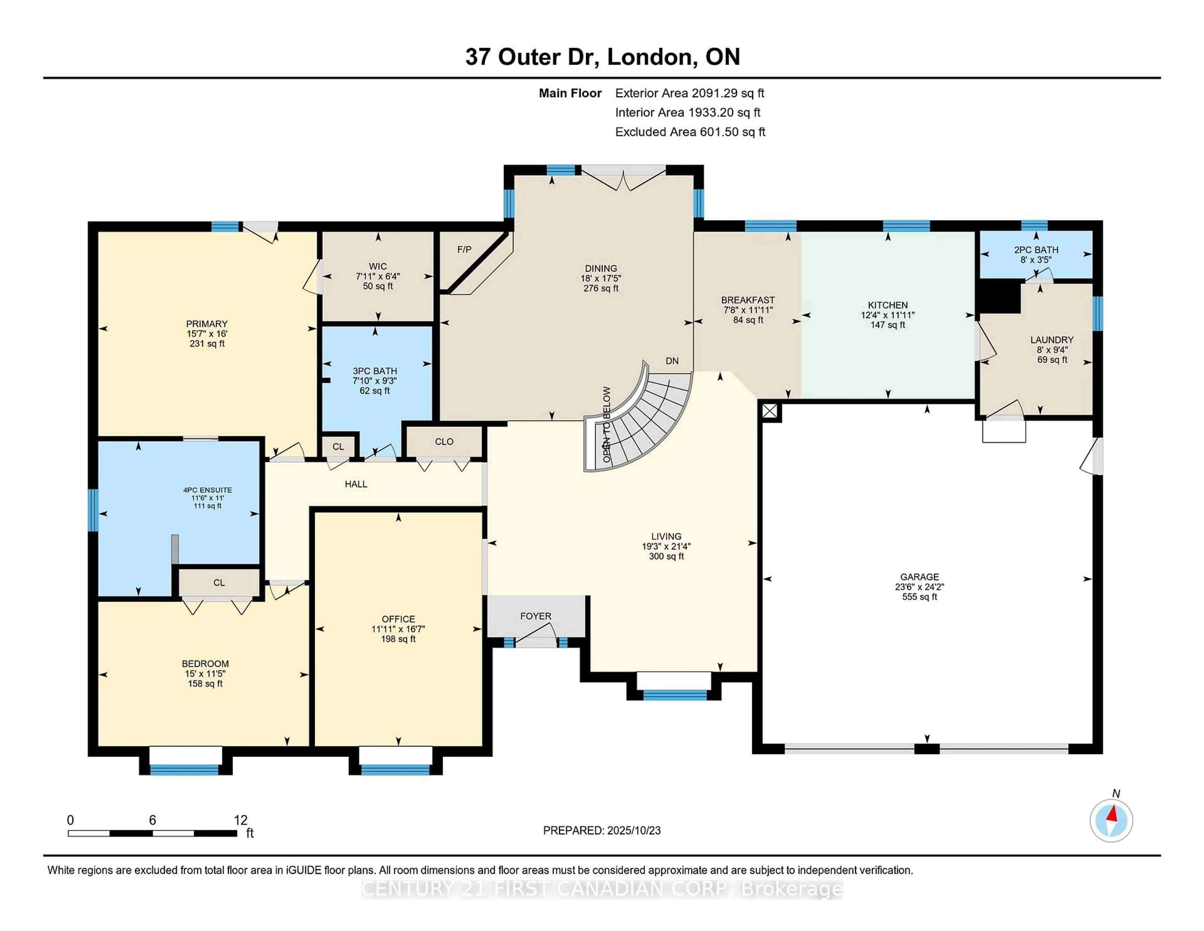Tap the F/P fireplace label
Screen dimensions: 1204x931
coord(464,249)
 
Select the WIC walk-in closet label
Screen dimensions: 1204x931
coord(378,266)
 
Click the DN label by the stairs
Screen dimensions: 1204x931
coord(672,361)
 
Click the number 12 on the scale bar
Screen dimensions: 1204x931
coord(241,820)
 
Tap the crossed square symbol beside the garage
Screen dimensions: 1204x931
coord(770,411)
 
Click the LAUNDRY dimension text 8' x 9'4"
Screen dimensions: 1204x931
coord(1052,350)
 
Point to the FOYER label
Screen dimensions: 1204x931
coord(535,616)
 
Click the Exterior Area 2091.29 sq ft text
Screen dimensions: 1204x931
coord(690,93)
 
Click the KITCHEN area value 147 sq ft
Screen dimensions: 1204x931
coord(888,325)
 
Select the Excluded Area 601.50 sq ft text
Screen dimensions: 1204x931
coord(690,132)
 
